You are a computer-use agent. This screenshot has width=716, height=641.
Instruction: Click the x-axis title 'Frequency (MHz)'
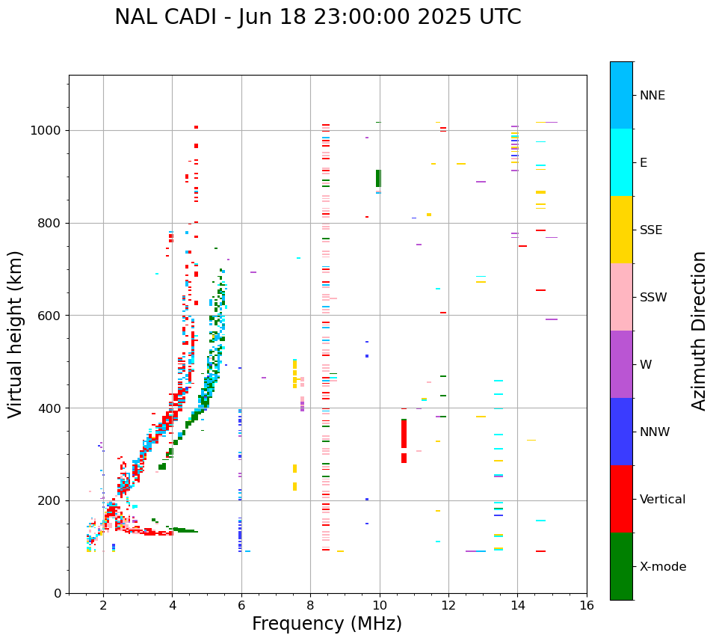point(327,624)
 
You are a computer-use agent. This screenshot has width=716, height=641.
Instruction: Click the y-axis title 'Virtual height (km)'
point(16,334)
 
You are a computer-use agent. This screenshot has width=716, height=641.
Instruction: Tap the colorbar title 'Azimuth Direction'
point(699,331)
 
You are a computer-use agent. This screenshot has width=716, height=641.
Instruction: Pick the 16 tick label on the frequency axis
point(587,606)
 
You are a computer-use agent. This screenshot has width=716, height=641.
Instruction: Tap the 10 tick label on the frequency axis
point(379,606)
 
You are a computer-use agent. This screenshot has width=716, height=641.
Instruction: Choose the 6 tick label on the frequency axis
point(241,606)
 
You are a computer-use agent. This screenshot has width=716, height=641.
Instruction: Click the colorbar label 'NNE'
point(652,96)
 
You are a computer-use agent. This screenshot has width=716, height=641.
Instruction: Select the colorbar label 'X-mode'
point(663,567)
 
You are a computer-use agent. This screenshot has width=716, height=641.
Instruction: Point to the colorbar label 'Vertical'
point(662,500)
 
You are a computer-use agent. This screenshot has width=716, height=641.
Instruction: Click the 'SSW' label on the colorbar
point(653,298)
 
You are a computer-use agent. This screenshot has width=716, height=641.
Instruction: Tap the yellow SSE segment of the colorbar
point(621,229)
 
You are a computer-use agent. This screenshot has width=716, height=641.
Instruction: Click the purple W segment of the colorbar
point(621,364)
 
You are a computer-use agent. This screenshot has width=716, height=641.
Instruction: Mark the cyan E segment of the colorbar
point(621,162)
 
